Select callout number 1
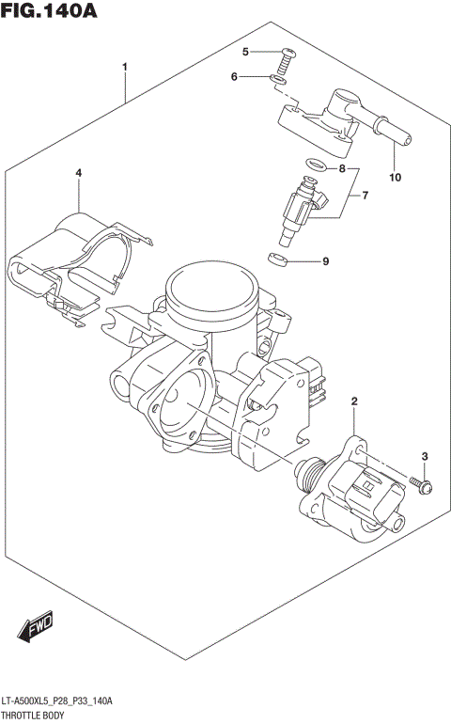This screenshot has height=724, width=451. click(x=125, y=68)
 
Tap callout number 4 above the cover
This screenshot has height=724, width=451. click(x=79, y=173)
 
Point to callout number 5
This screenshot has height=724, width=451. click(x=244, y=52)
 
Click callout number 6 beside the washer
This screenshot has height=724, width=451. click(x=235, y=77)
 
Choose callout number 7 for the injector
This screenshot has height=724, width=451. click(x=365, y=196)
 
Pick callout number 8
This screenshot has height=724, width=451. click(x=342, y=169)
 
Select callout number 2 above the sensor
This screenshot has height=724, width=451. click(x=354, y=403)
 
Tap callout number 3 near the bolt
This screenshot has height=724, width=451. click(x=424, y=457)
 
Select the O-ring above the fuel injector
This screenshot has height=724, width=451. click(x=315, y=168)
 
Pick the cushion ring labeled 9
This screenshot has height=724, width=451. click(x=277, y=258)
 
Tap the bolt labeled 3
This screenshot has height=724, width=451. click(x=422, y=484)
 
